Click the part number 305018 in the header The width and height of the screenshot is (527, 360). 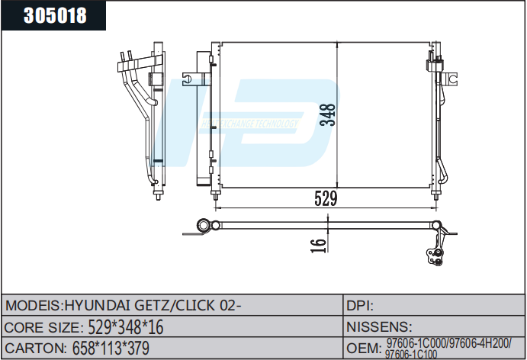[x=55, y=16]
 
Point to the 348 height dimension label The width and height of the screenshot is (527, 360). [x=328, y=114]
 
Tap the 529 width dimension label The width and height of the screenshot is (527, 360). [x=326, y=198]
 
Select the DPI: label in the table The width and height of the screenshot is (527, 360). [x=359, y=305]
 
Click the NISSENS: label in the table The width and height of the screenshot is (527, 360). [x=380, y=327]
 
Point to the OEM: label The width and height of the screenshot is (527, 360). [x=364, y=349]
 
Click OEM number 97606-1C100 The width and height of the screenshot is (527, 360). [x=411, y=354]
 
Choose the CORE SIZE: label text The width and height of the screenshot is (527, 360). [x=43, y=327]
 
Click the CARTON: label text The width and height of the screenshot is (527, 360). [x=34, y=349]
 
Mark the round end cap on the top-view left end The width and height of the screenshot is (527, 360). [x=204, y=224]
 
